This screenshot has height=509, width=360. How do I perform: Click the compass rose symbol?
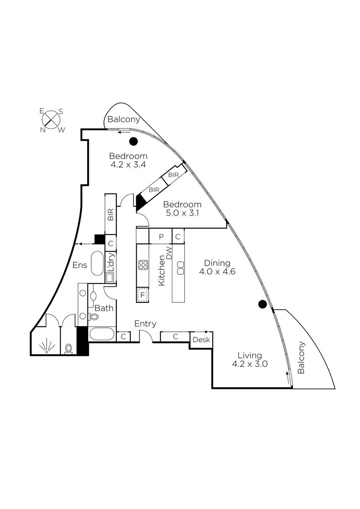click(x=51, y=120)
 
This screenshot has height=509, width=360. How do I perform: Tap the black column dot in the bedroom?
click(x=133, y=142)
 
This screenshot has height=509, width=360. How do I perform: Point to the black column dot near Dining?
click(x=262, y=304)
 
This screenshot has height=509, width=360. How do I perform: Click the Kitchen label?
click(x=161, y=271)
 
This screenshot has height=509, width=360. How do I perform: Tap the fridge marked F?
click(x=143, y=295)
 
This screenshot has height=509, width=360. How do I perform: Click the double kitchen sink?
click(x=180, y=268)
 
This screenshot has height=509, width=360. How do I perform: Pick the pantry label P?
click(x=161, y=237)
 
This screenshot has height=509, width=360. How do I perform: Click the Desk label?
click(x=201, y=340)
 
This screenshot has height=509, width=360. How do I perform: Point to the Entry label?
click(x=145, y=324)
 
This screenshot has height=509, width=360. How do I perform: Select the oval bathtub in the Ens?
click(x=97, y=263)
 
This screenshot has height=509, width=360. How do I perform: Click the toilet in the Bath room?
click(x=93, y=316)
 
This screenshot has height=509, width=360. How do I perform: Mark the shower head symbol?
click(x=47, y=346)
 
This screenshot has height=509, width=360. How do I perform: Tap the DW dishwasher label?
click(x=169, y=253)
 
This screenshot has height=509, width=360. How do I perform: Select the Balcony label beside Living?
click(x=301, y=357)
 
